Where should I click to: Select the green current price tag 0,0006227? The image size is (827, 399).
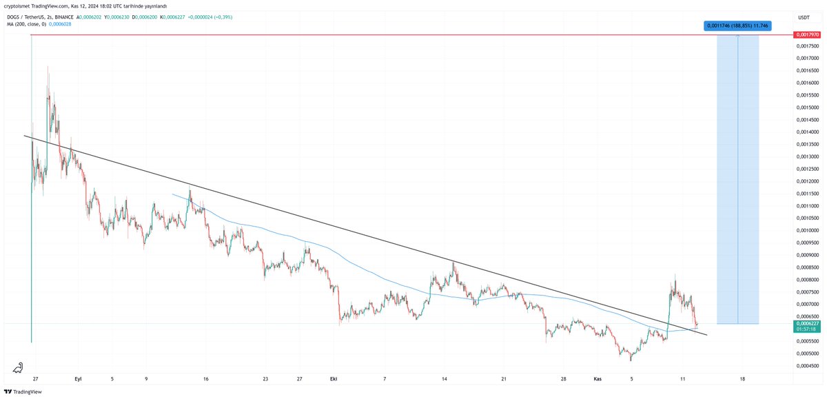click(x=807, y=323)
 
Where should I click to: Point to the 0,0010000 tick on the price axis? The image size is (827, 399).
click(x=808, y=230)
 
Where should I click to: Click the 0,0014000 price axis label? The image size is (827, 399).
click(x=808, y=132)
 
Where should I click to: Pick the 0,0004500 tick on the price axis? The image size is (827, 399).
click(x=808, y=365)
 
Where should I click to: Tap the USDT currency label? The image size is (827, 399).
click(x=804, y=17)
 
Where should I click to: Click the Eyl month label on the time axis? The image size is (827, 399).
click(x=78, y=378)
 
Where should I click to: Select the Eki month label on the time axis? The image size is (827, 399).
click(x=334, y=378)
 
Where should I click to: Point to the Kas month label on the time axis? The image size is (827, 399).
click(x=598, y=378)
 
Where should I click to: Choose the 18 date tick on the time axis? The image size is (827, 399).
click(x=742, y=378)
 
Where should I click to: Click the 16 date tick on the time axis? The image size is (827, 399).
click(x=206, y=378)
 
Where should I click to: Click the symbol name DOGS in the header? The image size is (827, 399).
click(x=25, y=17)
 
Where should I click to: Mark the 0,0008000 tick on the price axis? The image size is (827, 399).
click(x=808, y=279)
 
